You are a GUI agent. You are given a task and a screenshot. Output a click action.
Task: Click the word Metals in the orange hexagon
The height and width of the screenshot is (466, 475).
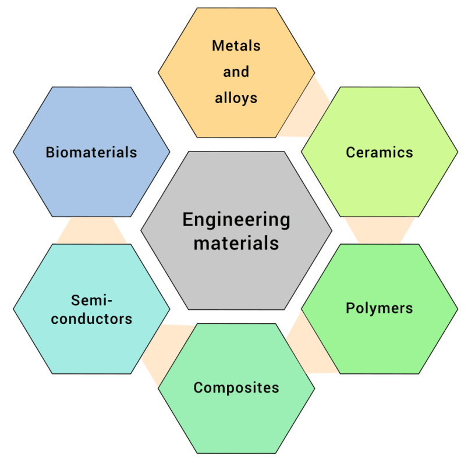click(x=236, y=46)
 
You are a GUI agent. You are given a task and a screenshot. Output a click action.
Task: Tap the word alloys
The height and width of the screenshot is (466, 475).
click(x=236, y=98)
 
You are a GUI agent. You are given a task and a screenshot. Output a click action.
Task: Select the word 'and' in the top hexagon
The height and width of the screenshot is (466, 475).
click(x=236, y=72)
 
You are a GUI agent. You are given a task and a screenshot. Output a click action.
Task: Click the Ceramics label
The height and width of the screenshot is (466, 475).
click(x=380, y=152)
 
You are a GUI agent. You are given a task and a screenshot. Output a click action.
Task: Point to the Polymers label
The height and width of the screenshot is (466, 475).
click(x=380, y=308)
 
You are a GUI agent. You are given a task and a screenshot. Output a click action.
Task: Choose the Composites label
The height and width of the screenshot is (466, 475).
click(x=236, y=388)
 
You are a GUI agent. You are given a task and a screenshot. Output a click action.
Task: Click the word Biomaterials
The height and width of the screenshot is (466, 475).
click(x=91, y=152)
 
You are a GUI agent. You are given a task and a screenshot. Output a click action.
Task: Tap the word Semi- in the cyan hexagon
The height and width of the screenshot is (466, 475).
click(x=92, y=300)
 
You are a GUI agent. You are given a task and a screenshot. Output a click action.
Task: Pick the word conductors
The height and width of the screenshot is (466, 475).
click(x=91, y=319)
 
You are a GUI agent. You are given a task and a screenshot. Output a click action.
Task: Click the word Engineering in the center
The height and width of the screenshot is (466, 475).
click(x=236, y=220)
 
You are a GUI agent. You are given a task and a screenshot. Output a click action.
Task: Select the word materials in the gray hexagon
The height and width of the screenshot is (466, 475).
click(x=236, y=243)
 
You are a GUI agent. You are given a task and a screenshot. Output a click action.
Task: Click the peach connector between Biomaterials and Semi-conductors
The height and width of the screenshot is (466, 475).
click(x=91, y=231)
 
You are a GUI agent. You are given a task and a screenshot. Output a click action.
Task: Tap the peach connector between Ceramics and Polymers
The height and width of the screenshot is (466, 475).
click(x=380, y=231)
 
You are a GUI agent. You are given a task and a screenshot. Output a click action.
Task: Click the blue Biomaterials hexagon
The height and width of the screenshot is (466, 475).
click(x=91, y=182)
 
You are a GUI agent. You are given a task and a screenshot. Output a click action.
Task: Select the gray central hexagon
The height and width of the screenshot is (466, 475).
click(x=236, y=273)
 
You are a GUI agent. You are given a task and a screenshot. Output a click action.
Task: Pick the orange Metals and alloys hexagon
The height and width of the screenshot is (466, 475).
click(x=236, y=121)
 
